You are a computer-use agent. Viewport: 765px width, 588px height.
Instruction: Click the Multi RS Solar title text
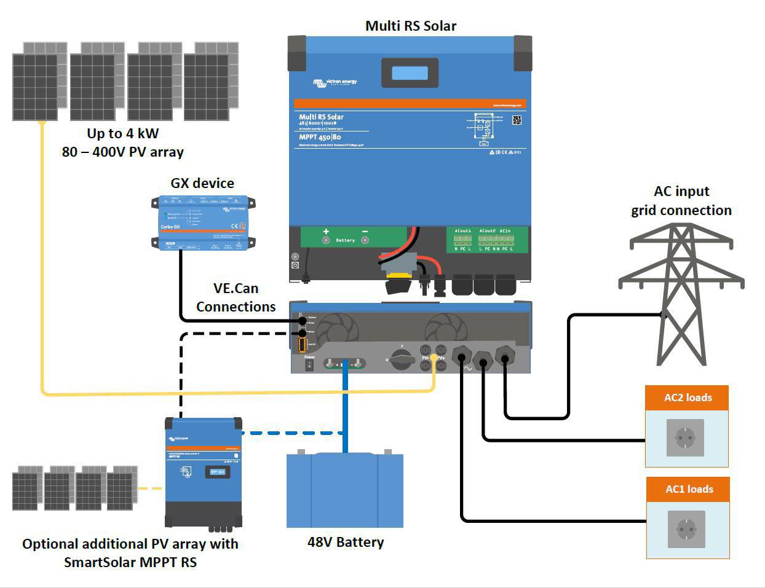point(410,26)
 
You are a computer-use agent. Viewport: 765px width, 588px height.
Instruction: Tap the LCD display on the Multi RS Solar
point(410,73)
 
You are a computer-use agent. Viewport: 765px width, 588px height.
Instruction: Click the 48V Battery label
point(346,542)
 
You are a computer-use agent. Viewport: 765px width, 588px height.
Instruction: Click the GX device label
point(202,183)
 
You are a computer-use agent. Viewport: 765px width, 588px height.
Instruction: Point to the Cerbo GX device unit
point(203,222)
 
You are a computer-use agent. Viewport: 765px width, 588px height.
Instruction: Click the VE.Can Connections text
point(236,297)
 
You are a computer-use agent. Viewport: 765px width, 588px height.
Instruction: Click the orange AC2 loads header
point(687,398)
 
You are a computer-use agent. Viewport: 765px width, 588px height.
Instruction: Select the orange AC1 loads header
point(688,489)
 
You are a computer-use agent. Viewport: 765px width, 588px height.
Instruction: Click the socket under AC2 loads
point(686,438)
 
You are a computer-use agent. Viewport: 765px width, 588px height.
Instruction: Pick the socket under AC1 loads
point(687,529)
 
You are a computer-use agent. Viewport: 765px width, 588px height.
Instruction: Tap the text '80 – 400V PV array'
point(122,151)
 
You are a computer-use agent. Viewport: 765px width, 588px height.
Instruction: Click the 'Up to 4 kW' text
point(122,133)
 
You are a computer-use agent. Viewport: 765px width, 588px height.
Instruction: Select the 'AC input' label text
point(681,191)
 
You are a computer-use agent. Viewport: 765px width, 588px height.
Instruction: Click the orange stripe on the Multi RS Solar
point(410,104)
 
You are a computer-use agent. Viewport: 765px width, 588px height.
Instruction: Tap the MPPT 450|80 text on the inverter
point(320,137)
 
